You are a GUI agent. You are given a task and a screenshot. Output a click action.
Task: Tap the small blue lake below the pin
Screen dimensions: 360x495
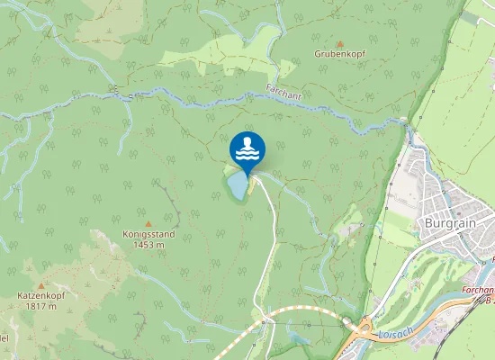237,186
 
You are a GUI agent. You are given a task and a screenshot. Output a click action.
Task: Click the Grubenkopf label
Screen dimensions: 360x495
339,54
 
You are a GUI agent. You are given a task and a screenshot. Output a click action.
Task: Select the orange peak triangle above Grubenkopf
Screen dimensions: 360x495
339,42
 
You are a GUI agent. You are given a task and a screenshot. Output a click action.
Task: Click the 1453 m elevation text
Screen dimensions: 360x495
148,245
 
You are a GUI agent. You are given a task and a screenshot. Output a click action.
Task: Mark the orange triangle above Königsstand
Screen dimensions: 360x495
148,223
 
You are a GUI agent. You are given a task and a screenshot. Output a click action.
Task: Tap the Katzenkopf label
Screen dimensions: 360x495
37,295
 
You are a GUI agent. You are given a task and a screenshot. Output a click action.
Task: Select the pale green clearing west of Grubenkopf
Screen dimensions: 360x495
225,56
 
